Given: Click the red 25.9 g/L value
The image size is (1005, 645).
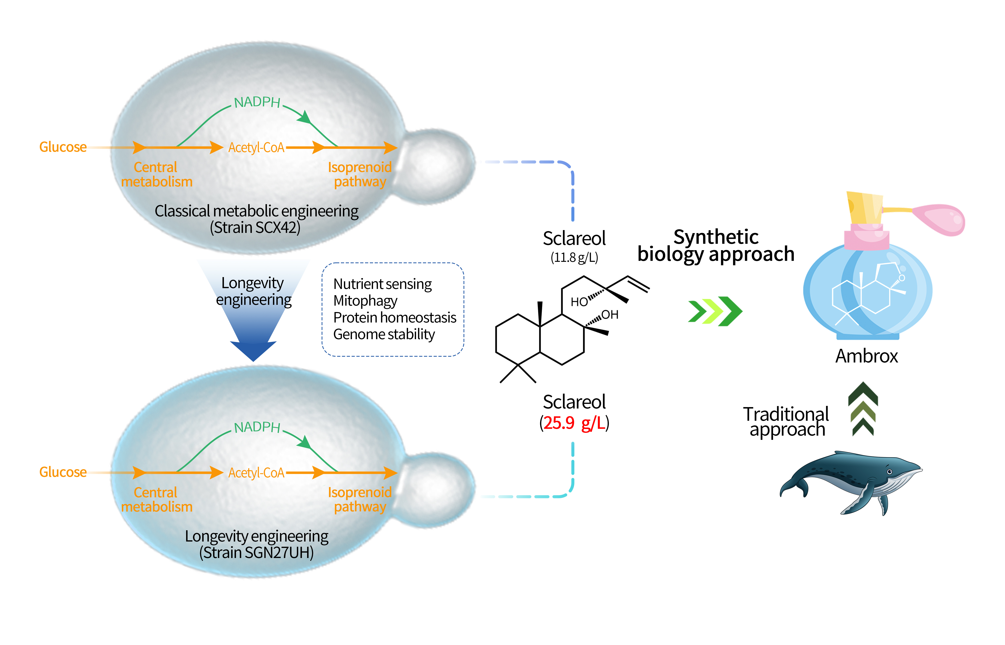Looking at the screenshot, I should [x=574, y=423].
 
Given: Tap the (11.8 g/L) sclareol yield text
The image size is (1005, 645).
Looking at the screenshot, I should [x=574, y=257].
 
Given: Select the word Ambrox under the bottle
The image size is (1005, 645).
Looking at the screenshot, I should [x=866, y=356].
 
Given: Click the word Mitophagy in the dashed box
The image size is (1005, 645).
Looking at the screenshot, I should [x=365, y=301].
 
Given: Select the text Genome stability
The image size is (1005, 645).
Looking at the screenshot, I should [x=384, y=334].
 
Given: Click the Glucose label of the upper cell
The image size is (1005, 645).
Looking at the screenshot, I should [x=63, y=147].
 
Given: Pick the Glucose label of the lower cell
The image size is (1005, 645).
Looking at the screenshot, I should [x=63, y=472].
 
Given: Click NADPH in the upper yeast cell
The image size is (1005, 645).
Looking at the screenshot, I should [x=257, y=102].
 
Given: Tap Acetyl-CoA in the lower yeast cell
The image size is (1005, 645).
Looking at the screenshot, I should [x=256, y=473].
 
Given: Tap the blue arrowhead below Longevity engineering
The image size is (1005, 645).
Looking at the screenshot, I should [x=253, y=350].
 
